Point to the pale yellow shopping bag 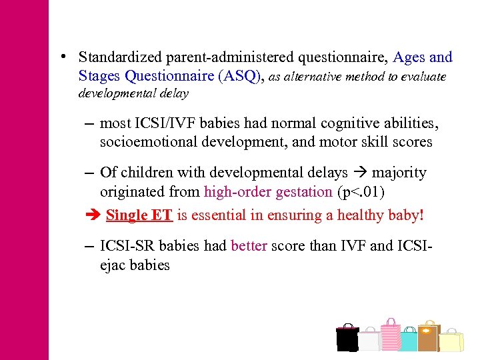[x=451, y=341]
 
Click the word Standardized [x=123, y=57]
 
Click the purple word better [x=249, y=245]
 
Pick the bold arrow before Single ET [x=92, y=215]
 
